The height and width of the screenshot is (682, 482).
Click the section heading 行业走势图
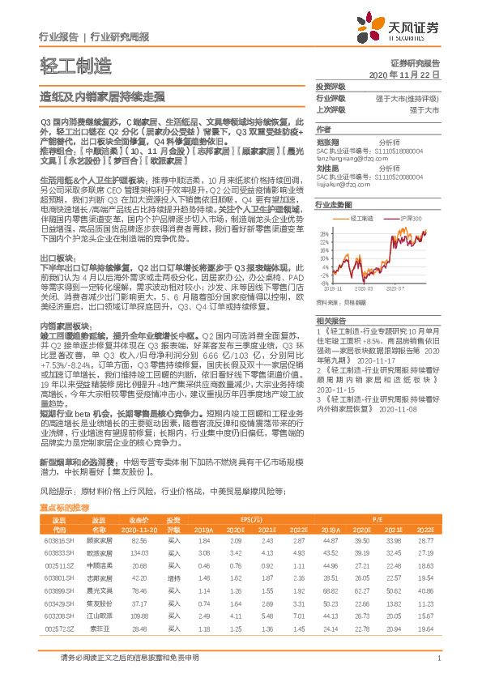tap(334, 206)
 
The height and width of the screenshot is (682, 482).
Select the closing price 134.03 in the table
tap(139, 552)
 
